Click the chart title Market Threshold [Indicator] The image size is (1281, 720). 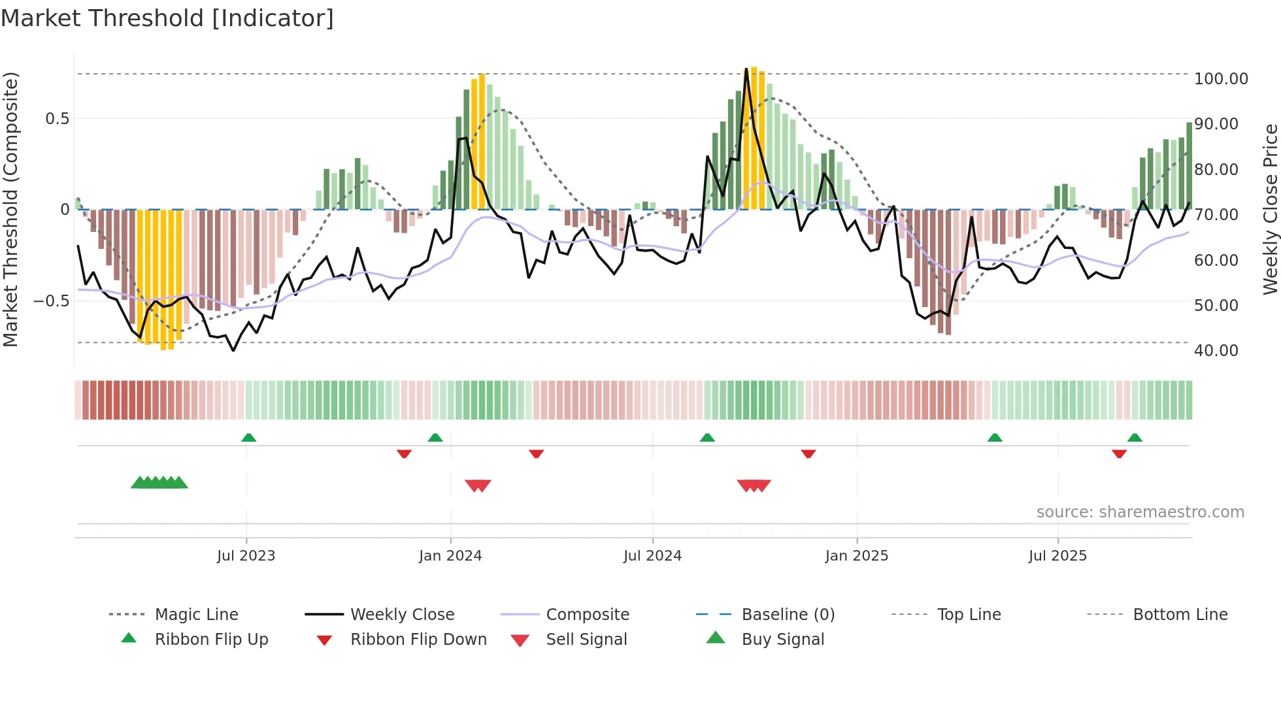[x=167, y=18]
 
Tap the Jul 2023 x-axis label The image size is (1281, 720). [x=246, y=556]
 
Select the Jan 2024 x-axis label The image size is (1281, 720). [x=450, y=556]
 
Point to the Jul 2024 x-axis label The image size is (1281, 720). [x=652, y=556]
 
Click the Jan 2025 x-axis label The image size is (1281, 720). [x=856, y=556]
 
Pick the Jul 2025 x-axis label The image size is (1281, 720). [x=1057, y=556]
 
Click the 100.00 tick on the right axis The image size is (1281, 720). [x=1221, y=79]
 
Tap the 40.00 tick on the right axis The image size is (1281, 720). [x=1216, y=351]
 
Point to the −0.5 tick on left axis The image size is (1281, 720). [x=51, y=301]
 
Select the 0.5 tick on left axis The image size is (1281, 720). [x=57, y=119]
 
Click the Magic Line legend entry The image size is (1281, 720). [x=196, y=615]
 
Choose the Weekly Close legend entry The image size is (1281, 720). [x=402, y=615]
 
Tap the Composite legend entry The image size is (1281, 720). [x=588, y=615]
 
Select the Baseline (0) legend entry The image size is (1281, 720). [x=788, y=615]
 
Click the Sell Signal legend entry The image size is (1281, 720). [x=586, y=640]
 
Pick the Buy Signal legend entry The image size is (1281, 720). [x=782, y=640]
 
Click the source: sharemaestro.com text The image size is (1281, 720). [x=1140, y=512]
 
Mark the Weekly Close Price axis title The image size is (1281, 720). [x=1270, y=209]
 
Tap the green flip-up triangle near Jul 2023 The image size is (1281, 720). [x=248, y=438]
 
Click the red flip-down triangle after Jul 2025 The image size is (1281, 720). [x=1119, y=453]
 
